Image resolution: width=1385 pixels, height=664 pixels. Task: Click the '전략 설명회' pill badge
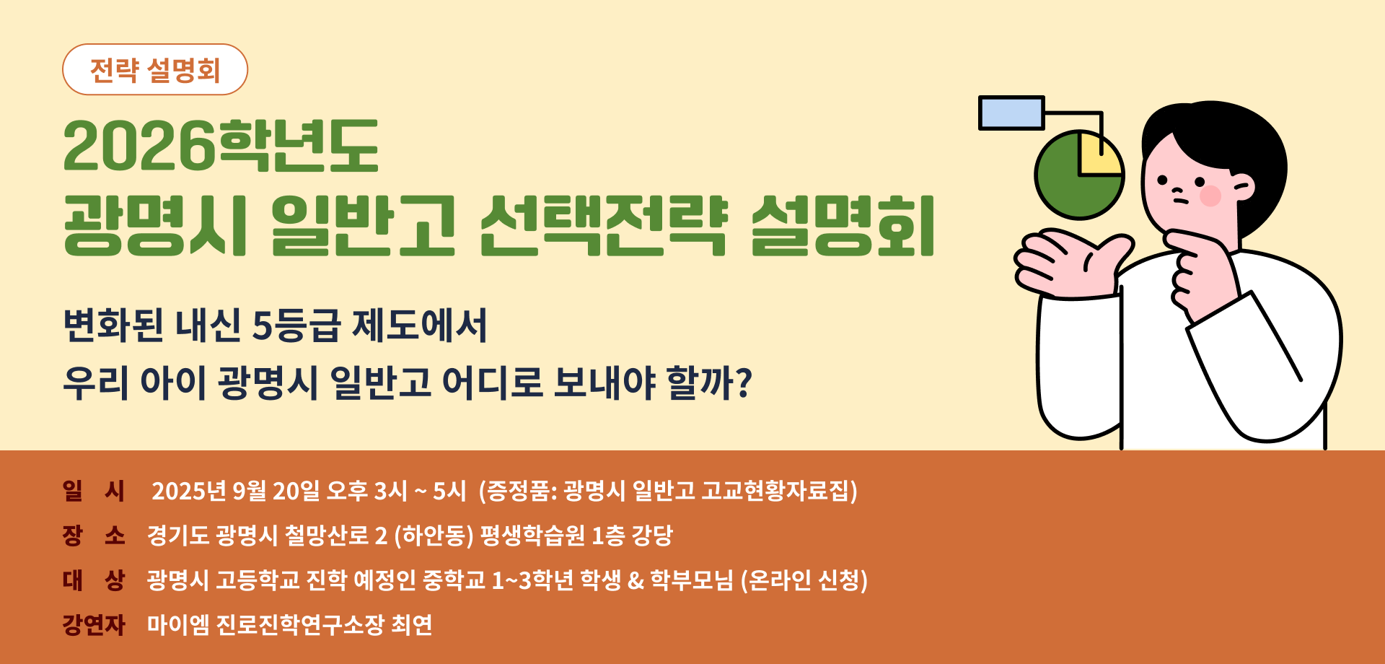pos(155,69)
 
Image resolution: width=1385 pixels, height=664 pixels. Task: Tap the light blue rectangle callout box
pos(1011,113)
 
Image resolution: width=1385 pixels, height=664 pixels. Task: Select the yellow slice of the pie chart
pos(1099,154)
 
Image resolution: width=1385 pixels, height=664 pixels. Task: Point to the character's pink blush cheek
pos(1210,195)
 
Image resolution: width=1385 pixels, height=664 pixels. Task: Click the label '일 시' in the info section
pos(94,491)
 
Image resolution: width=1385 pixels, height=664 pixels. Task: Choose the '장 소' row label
pos(94,536)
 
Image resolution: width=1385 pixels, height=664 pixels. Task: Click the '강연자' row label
pos(94,624)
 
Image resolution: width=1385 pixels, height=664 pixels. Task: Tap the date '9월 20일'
pos(276,491)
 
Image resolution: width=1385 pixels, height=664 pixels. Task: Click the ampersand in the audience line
pos(636,580)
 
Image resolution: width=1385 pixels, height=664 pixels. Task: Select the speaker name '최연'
pos(412,624)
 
